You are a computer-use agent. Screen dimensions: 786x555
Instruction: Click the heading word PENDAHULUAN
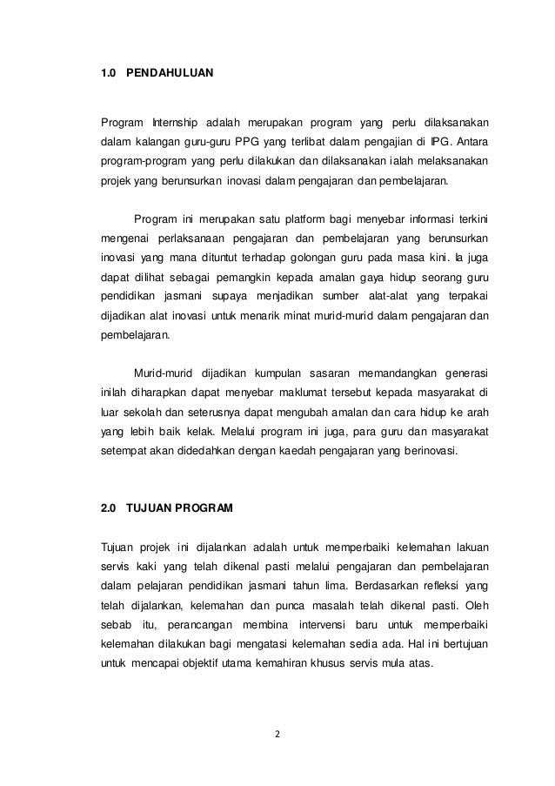point(170,89)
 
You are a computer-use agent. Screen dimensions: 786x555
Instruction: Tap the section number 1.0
point(110,89)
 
